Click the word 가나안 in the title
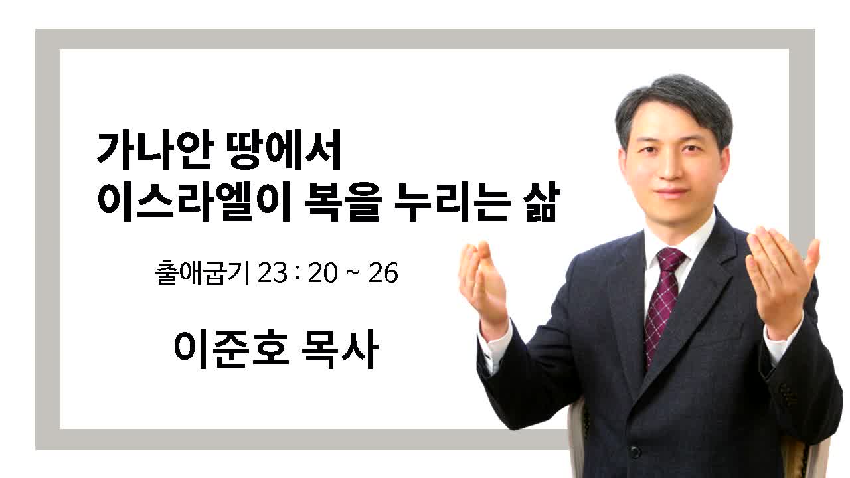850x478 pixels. point(153,150)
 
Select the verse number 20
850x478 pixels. point(323,273)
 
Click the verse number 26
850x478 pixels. point(383,273)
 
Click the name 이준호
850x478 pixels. point(232,349)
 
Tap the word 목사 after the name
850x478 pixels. point(340,349)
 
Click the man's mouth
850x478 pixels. point(671,192)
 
